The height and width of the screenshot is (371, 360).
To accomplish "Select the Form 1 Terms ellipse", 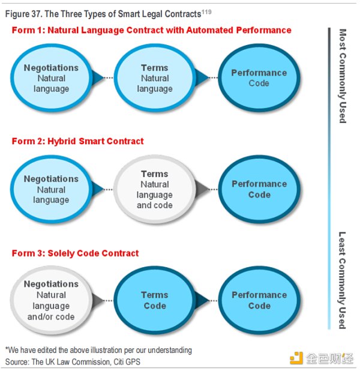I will click(x=154, y=78).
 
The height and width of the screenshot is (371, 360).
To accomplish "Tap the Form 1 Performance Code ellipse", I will click(x=259, y=78).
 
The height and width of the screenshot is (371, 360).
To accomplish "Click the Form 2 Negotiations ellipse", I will click(x=51, y=189).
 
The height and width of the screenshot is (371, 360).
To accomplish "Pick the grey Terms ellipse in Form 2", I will click(x=154, y=189).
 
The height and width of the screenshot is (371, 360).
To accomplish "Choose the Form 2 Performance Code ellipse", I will click(x=259, y=189).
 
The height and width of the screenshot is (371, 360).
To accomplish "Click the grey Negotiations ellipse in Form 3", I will click(x=51, y=300).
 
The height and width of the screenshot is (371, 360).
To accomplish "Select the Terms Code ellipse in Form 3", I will click(x=154, y=300).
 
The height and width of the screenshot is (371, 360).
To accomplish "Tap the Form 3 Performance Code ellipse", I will click(x=259, y=300).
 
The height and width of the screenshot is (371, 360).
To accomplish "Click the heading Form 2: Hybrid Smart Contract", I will click(x=77, y=142).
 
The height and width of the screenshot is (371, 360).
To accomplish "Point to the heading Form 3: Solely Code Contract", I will click(x=75, y=253).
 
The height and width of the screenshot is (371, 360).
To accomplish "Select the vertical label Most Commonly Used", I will click(x=343, y=76).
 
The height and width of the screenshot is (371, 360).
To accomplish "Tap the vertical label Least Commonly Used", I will click(x=343, y=280).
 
